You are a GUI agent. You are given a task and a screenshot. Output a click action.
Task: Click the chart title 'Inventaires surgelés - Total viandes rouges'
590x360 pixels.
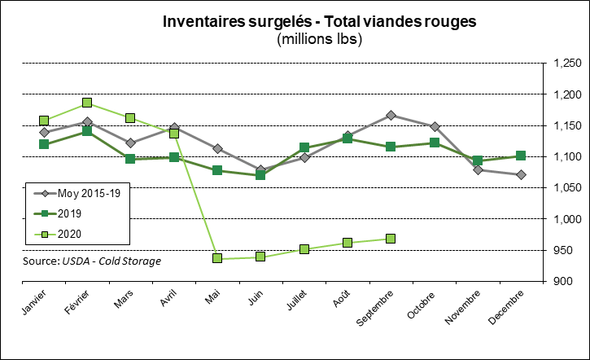(319, 21)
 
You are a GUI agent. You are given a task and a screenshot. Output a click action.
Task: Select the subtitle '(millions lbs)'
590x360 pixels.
(319, 38)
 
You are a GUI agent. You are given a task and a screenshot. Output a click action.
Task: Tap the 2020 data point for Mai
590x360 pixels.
(218, 258)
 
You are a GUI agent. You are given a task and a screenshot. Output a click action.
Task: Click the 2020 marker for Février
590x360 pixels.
(87, 103)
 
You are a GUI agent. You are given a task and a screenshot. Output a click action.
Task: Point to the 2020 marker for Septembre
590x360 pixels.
(391, 239)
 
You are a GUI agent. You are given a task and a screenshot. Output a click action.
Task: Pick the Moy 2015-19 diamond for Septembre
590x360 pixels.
(391, 116)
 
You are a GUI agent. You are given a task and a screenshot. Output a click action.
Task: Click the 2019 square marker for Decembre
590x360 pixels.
(521, 156)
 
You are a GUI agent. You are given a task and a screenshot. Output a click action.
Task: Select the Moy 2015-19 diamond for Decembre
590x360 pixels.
(521, 174)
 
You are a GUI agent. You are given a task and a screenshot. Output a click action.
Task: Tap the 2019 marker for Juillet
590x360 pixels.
(304, 147)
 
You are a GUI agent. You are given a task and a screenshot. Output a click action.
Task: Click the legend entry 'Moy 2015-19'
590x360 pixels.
(89, 193)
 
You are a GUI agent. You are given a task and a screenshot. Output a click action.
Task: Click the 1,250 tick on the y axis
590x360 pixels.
(566, 64)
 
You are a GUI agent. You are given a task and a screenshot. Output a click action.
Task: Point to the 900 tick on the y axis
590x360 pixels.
(570, 282)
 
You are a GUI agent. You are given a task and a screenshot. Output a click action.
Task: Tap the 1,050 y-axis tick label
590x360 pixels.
(566, 188)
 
